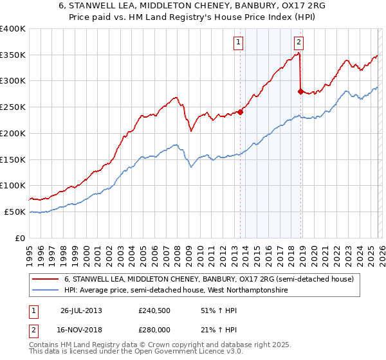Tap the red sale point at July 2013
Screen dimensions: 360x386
240,111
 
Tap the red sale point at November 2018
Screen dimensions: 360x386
300,91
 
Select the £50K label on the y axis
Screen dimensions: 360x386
15,212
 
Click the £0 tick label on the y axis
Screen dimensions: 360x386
21,238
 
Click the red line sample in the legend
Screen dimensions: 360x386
46,280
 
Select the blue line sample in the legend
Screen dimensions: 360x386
46,291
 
